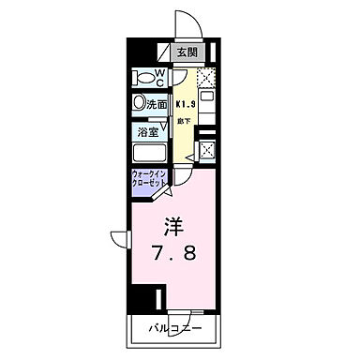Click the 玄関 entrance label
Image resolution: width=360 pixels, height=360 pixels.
(187, 53)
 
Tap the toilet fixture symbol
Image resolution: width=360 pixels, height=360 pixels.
(144, 76)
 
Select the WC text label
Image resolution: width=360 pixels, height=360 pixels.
(161, 74)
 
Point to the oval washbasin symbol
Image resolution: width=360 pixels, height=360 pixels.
(140, 104)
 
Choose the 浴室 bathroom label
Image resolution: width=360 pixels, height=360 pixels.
(148, 133)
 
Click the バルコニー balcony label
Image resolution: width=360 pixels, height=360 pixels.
(176, 329)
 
